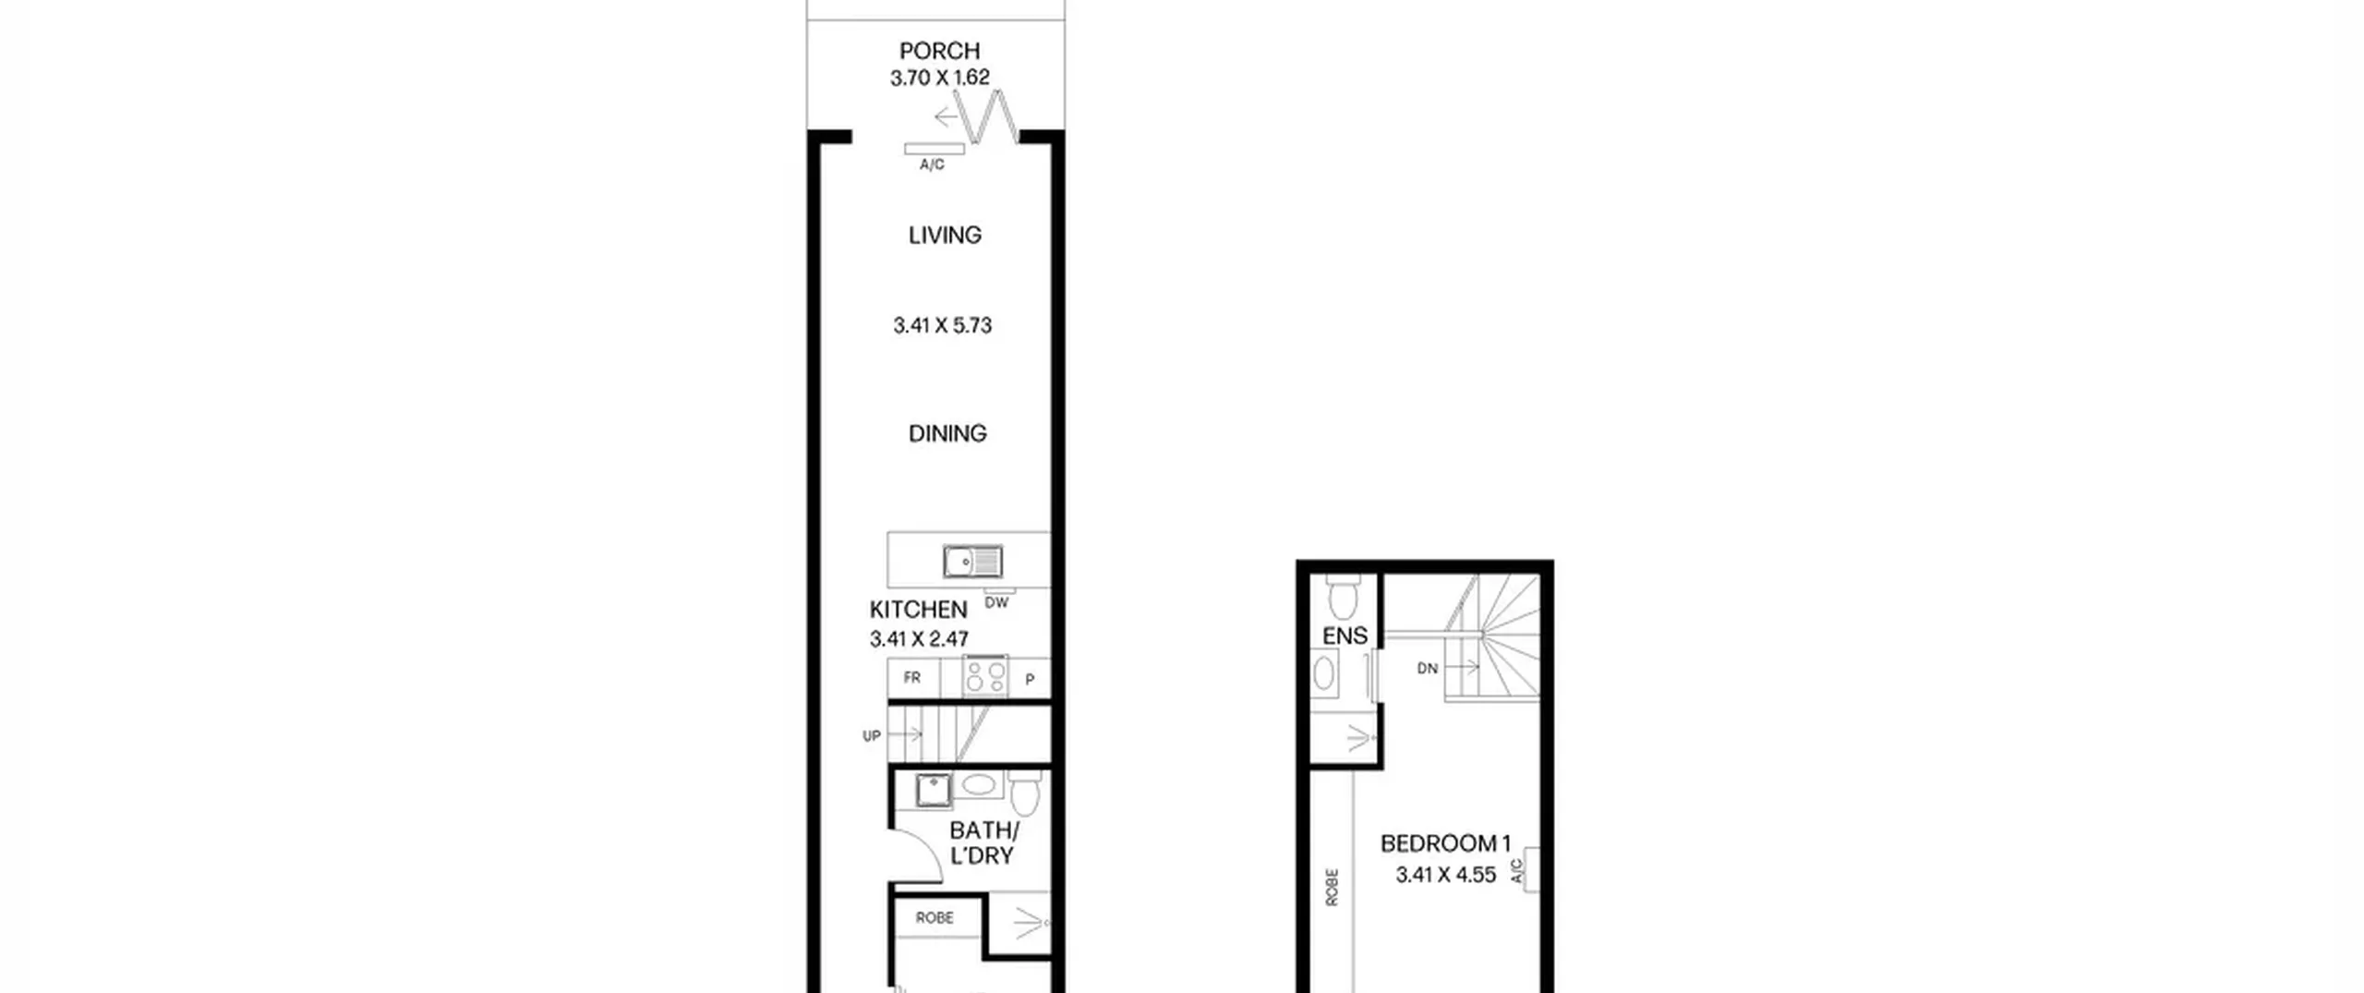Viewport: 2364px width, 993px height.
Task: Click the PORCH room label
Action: [x=939, y=51]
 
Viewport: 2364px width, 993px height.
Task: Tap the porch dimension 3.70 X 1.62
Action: [x=939, y=78]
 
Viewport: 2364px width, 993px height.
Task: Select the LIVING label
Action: [x=945, y=236]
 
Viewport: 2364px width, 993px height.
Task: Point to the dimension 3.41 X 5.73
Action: [x=942, y=325]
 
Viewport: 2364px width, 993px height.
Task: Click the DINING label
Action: [x=947, y=433]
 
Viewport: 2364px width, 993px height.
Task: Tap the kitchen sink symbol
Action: [x=973, y=561]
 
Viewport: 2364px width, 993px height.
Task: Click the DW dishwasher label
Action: [x=996, y=603]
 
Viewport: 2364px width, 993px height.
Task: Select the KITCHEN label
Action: [x=918, y=610]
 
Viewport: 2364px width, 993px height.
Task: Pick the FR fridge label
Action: [x=912, y=677]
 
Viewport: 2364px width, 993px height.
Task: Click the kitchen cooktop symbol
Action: [x=985, y=675]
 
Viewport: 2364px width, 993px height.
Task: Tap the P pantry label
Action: [x=1030, y=679]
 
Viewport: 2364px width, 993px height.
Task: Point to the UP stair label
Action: [x=872, y=736]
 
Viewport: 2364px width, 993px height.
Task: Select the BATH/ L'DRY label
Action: [x=983, y=843]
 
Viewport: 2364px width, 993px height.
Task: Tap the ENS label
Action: [x=1345, y=636]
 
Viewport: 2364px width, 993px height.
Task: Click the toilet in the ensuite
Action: [x=1341, y=596]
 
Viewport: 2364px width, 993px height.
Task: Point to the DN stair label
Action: [x=1428, y=669]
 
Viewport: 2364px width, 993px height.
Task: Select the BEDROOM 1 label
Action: [x=1445, y=843]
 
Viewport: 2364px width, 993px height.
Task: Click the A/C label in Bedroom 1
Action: [x=1515, y=871]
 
